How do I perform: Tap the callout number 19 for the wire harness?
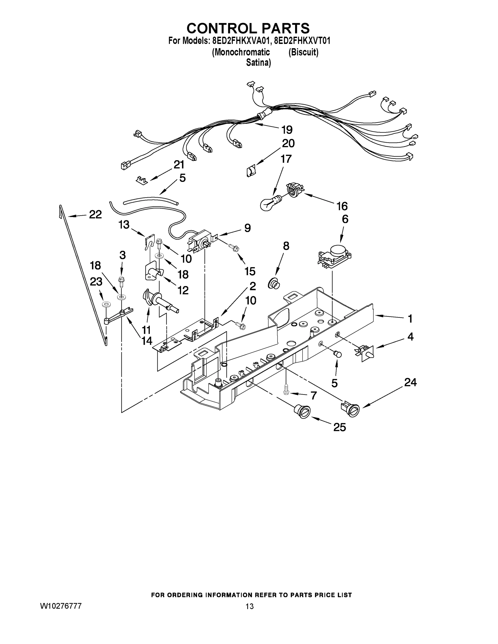(286, 130)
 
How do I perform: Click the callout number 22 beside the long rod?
(95, 215)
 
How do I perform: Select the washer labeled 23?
(104, 304)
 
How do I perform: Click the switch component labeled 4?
(366, 353)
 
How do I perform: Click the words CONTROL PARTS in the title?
(248, 28)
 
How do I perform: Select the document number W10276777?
(61, 606)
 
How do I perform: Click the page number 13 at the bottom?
(249, 606)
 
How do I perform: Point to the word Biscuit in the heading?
(303, 52)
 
